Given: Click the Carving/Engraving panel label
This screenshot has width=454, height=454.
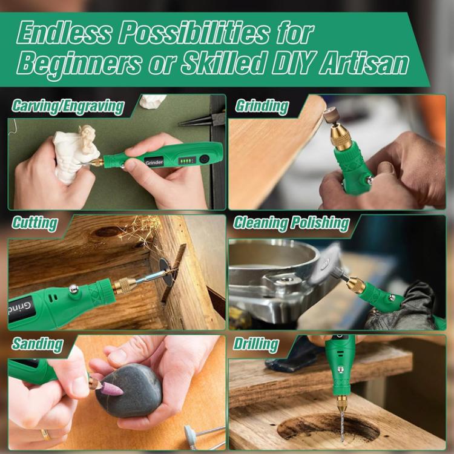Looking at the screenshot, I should (x=67, y=107).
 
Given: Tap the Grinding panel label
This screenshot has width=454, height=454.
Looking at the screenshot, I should (x=262, y=106).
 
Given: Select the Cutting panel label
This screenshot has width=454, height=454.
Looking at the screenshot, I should (x=35, y=223).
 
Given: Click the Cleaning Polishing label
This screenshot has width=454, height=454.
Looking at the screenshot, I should (x=291, y=223).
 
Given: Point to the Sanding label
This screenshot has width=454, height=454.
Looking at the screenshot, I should (x=37, y=344).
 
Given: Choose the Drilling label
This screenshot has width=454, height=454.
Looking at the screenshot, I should (x=256, y=345).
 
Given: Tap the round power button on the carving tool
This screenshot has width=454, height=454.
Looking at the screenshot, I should (x=205, y=158).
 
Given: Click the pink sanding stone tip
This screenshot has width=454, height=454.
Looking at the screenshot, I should (x=111, y=388).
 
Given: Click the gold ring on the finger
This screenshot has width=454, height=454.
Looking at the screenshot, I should (x=45, y=434).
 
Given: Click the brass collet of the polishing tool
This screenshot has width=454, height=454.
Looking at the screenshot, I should (x=355, y=284).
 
